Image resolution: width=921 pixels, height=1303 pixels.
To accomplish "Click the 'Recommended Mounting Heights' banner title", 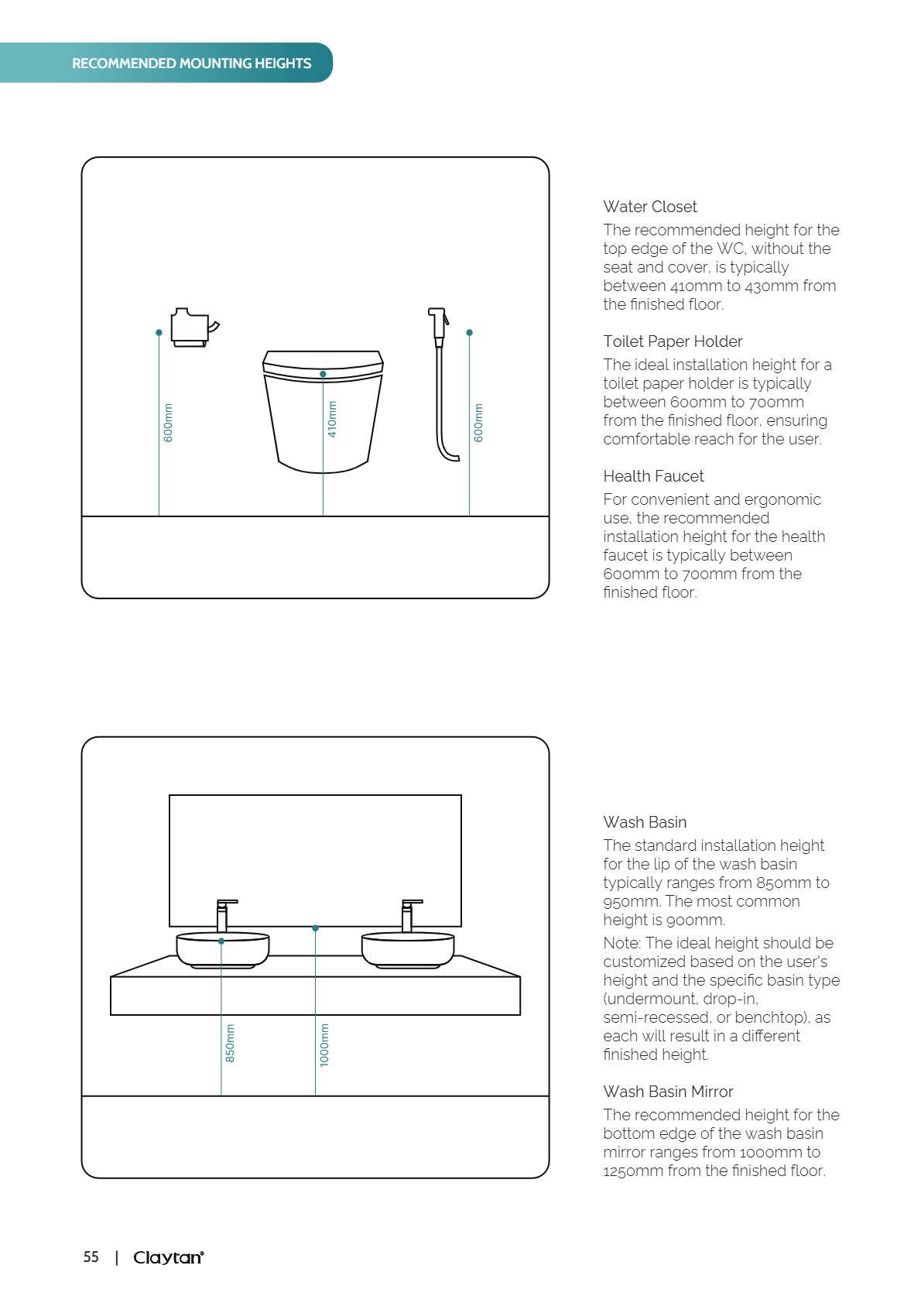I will tap(191, 63).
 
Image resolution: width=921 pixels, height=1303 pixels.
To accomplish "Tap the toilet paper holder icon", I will tap(193, 327).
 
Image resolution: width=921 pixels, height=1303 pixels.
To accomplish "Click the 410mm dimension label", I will tap(332, 419).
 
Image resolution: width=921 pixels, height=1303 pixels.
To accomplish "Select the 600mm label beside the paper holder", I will tap(168, 423).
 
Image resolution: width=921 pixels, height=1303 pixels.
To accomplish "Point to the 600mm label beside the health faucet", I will tap(478, 423).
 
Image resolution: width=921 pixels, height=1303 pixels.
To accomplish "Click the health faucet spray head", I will tap(438, 321).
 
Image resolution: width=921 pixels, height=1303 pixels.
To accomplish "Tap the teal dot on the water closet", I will tap(323, 374).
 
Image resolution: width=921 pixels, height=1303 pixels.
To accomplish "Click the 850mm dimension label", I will tap(230, 1043).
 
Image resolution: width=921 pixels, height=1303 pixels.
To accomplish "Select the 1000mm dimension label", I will tap(324, 1045).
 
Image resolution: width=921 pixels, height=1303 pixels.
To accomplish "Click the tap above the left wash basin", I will tap(224, 915).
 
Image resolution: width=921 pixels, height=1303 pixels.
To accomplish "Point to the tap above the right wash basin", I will tap(409, 915).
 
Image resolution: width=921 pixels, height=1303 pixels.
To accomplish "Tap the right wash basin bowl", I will tap(408, 951).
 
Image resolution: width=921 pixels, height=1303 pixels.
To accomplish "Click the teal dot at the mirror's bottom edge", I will tap(315, 928).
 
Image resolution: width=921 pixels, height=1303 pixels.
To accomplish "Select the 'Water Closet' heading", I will tap(650, 207).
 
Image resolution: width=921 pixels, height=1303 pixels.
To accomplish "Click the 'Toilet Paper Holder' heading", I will tap(673, 341).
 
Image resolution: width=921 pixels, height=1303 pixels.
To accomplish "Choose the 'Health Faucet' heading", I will tap(653, 476).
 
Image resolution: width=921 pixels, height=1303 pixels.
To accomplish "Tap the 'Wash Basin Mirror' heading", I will tap(668, 1092).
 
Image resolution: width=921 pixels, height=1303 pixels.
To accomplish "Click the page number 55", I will tap(91, 1257).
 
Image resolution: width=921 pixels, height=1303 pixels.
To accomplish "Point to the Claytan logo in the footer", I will tap(169, 1257).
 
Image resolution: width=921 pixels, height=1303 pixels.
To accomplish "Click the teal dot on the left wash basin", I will tap(221, 941).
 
